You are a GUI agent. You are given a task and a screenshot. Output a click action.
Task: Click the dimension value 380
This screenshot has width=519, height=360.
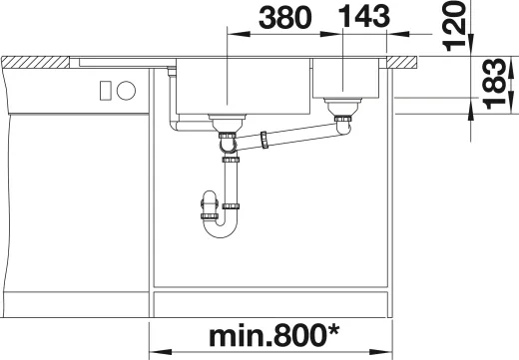[285, 17]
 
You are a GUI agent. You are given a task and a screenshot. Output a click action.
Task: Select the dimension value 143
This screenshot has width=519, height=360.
[363, 17]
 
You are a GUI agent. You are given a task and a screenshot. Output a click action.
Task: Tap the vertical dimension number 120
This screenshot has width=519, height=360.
[454, 26]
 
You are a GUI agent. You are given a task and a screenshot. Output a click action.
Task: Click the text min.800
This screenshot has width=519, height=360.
[266, 336]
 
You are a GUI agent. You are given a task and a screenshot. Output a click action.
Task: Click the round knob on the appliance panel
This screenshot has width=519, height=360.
[126, 91]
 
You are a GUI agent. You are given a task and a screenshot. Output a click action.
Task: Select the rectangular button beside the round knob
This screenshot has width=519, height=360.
[106, 91]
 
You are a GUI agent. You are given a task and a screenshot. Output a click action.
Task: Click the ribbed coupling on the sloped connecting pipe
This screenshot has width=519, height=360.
[264, 140]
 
